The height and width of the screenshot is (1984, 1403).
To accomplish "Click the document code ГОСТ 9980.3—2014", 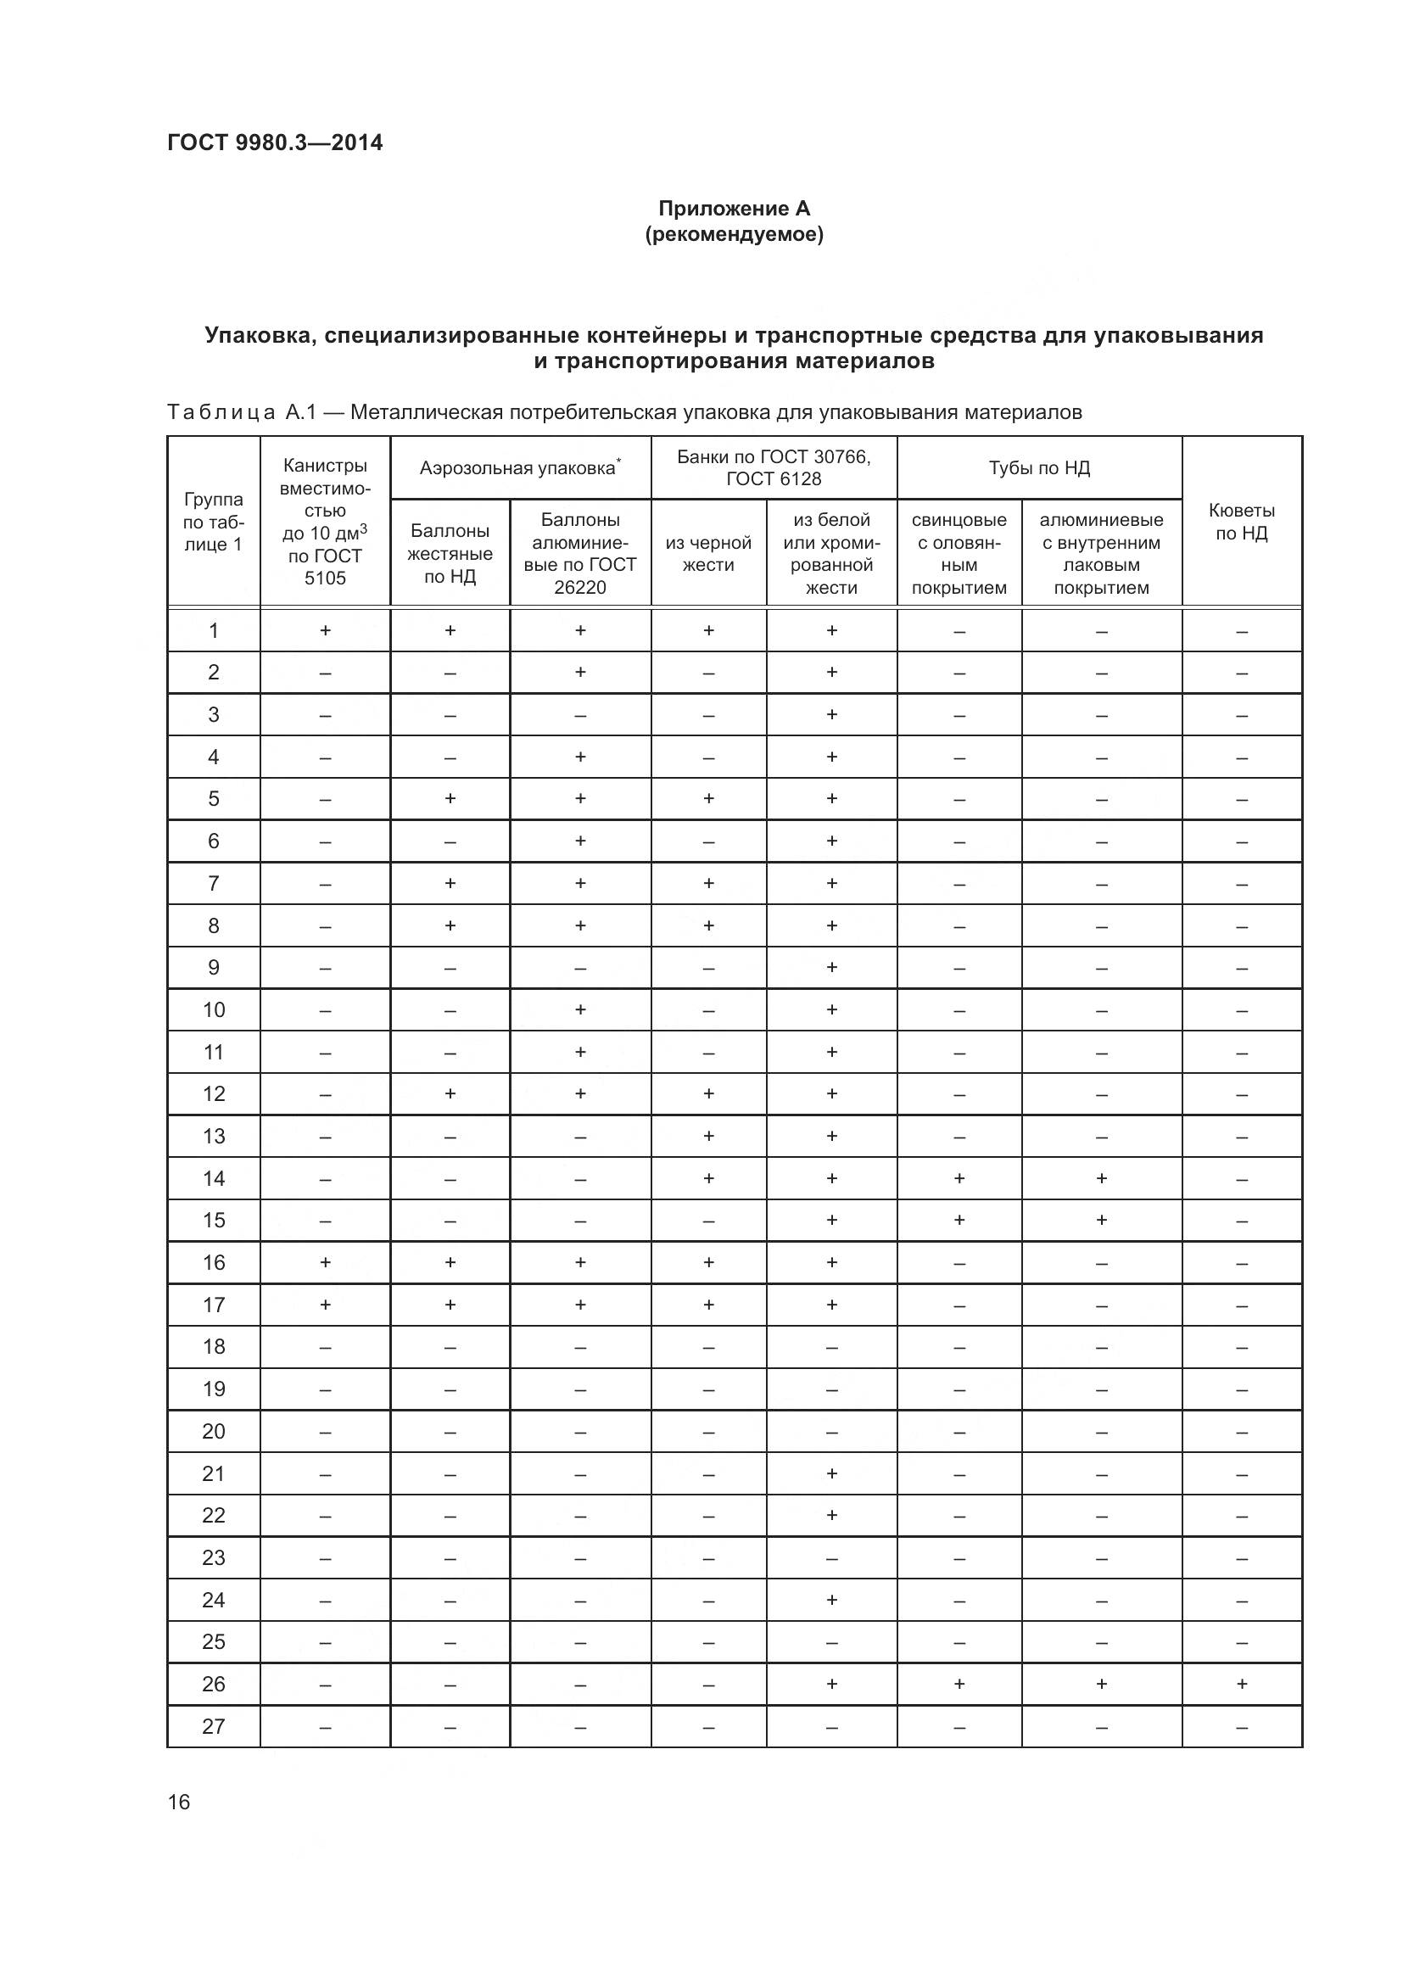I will click(x=275, y=143).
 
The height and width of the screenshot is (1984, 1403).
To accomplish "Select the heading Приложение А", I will click(x=734, y=209).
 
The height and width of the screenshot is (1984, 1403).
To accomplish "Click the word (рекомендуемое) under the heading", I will click(x=734, y=234).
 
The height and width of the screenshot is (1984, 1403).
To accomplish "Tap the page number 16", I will click(x=179, y=1802).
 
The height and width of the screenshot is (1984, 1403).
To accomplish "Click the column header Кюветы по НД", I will click(x=1242, y=521).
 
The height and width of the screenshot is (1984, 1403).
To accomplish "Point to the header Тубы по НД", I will click(x=1039, y=467).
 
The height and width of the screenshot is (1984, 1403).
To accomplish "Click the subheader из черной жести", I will click(x=708, y=553).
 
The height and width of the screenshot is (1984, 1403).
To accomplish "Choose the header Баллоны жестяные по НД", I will click(x=450, y=553).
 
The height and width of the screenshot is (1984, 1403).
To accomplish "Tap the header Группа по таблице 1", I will click(x=214, y=521).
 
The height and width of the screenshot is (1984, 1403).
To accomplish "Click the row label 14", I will click(x=214, y=1178).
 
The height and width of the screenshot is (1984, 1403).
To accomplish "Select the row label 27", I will click(x=214, y=1726).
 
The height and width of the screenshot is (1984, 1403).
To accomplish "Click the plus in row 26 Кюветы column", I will click(x=1242, y=1683).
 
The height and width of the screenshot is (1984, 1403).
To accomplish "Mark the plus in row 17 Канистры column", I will click(x=325, y=1304).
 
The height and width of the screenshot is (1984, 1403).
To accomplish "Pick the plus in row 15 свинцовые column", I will click(x=959, y=1220).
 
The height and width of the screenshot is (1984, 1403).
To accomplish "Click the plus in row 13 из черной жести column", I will click(x=708, y=1136).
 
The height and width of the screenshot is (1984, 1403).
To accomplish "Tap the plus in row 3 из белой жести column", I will click(x=831, y=713).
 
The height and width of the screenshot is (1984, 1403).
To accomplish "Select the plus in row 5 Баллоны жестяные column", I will click(x=450, y=798).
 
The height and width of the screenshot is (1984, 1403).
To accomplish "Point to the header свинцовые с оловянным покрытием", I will click(x=959, y=553).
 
